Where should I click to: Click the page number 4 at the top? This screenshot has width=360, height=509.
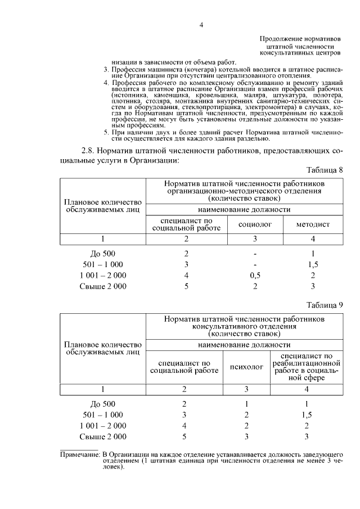(200, 25)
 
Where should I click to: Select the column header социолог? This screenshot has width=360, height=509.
(255, 224)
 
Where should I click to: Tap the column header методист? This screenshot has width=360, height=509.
(313, 224)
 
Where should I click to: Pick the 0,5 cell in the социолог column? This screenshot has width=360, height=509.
(255, 275)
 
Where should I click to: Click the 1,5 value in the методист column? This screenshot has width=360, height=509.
(313, 264)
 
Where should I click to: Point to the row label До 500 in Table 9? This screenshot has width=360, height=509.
(103, 403)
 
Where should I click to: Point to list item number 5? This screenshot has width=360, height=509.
(106, 132)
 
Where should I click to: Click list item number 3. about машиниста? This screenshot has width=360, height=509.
(106, 69)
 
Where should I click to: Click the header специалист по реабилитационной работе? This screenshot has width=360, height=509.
(307, 367)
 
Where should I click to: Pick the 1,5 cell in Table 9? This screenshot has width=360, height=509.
(307, 415)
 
